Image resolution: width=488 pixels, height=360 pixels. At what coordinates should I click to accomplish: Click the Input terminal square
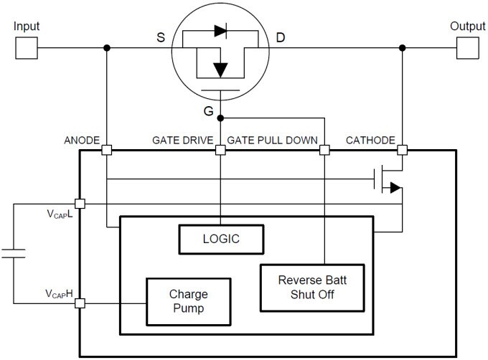click(x=26, y=48)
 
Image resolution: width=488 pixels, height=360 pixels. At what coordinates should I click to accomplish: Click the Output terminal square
click(x=467, y=48)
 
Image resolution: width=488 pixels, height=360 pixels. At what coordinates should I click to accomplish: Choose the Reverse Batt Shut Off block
click(x=312, y=288)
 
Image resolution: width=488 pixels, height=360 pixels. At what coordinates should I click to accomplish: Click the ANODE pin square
click(x=106, y=151)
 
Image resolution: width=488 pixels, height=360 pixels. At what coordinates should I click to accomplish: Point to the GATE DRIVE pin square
click(x=221, y=151)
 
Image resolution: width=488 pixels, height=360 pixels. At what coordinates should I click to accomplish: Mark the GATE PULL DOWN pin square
click(x=324, y=151)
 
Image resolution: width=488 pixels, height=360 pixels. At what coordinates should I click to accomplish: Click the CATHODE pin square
click(x=403, y=151)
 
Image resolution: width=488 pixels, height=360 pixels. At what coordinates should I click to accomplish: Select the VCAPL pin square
click(x=80, y=204)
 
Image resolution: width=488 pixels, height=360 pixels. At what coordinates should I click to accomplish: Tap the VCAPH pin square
click(x=80, y=303)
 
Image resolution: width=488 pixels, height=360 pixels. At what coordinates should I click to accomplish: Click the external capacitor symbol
click(x=13, y=252)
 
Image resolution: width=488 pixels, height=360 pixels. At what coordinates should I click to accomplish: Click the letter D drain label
click(x=281, y=37)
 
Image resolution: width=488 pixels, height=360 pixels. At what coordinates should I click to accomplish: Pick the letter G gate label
click(x=208, y=110)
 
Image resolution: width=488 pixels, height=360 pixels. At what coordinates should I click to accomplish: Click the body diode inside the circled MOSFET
click(x=221, y=32)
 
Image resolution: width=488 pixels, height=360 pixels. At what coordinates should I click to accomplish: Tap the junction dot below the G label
click(x=221, y=117)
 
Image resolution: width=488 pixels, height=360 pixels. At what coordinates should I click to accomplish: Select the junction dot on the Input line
click(x=106, y=48)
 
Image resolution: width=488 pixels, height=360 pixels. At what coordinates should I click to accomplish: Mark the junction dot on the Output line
click(x=403, y=48)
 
